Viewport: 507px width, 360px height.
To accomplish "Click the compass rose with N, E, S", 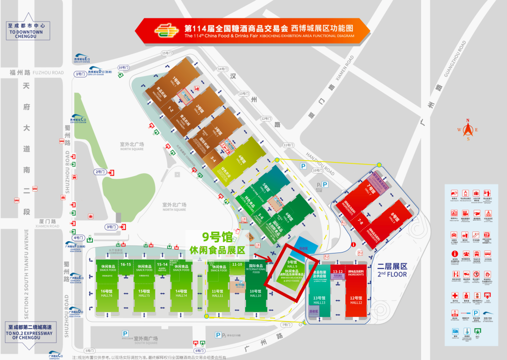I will click(x=468, y=130).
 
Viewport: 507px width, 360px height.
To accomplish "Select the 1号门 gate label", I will click(x=80, y=74).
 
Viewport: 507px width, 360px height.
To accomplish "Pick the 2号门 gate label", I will click(x=100, y=172).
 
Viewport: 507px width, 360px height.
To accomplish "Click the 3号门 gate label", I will click(x=111, y=227).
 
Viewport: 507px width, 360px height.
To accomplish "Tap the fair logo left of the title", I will click(x=167, y=30).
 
